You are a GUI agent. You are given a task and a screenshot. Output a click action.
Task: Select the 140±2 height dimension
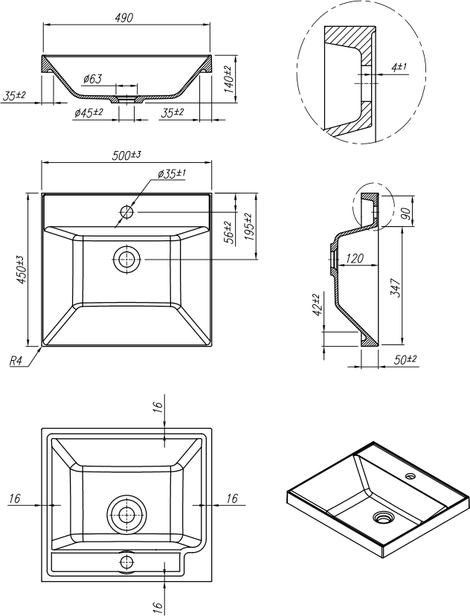point(228,78)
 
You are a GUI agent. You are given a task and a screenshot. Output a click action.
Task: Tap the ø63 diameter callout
point(92,79)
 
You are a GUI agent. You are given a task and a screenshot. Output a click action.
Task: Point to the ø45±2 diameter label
point(88,112)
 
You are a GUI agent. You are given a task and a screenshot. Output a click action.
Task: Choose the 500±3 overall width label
point(126,155)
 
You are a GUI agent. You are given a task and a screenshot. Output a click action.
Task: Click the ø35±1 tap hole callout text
point(172,173)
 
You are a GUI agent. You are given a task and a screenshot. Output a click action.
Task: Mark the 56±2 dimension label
point(228,232)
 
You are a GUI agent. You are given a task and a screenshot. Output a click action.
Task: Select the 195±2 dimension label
point(248,226)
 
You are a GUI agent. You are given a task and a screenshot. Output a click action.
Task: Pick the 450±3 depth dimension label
point(22,269)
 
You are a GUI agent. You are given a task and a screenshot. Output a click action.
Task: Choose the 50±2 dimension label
point(406,359)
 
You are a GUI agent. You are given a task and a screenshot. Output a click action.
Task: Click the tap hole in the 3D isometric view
point(410,474)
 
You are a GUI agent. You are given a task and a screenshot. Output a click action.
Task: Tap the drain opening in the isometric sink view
point(384,516)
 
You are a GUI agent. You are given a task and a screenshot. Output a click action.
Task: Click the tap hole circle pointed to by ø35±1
point(126,212)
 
